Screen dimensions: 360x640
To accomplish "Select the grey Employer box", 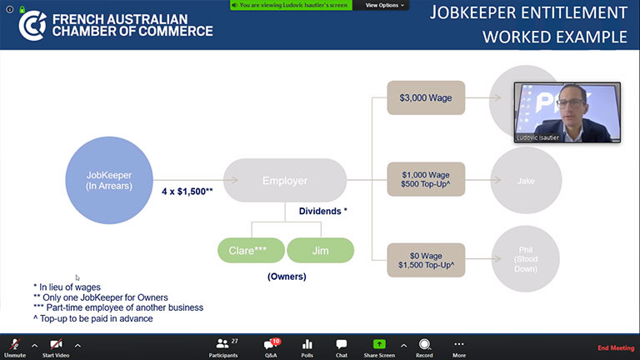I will pos(285,180).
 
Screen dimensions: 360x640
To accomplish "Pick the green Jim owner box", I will pos(320,250).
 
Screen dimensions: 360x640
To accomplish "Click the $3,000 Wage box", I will pos(426,97).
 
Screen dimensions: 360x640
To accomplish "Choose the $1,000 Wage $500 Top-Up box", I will pos(426,179).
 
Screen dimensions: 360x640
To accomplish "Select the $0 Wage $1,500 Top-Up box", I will pos(426,260).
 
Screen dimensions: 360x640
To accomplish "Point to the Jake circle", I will pos(525,180).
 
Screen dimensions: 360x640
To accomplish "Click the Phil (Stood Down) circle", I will pos(525,260).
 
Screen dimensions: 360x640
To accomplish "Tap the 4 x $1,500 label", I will pos(187,191).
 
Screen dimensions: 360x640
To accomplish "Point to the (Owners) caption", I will pos(287,277).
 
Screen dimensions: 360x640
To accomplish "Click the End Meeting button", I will pos(616,347).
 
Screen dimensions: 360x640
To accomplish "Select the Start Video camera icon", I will pos(56,343).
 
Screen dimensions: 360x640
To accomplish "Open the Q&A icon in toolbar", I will pos(272,343).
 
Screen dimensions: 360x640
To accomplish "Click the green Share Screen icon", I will pos(379,343).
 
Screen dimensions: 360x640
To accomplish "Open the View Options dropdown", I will pos(385,5).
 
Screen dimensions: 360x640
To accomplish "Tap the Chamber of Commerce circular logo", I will pos(32,25).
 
